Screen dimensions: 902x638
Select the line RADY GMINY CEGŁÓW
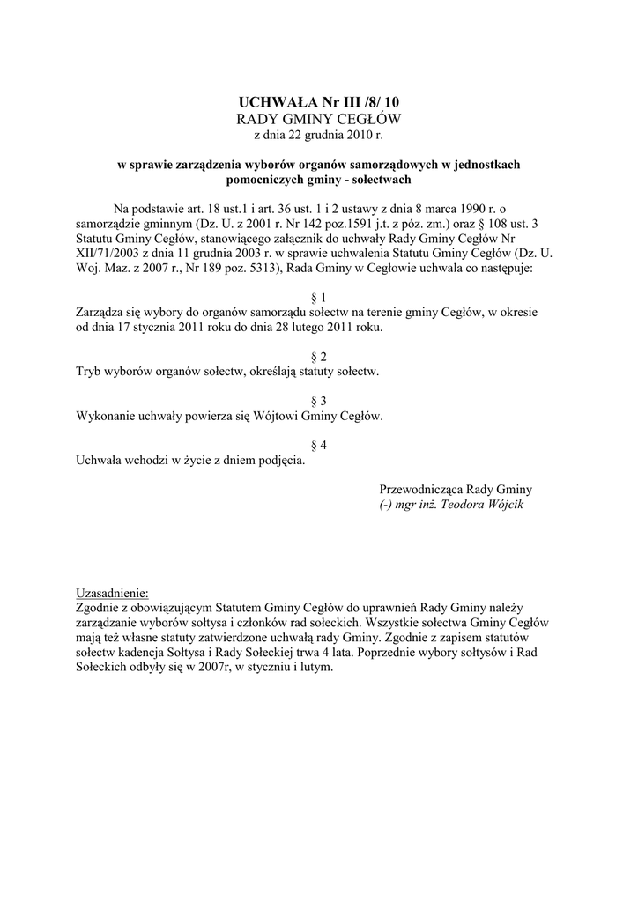(x=319, y=120)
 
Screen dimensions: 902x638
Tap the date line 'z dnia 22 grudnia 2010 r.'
(x=319, y=136)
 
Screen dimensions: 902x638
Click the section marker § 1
(x=320, y=298)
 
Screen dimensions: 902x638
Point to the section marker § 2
(x=320, y=357)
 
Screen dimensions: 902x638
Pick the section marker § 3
(x=320, y=401)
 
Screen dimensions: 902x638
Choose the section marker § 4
(x=320, y=445)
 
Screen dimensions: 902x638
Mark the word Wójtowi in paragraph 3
(x=281, y=416)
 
